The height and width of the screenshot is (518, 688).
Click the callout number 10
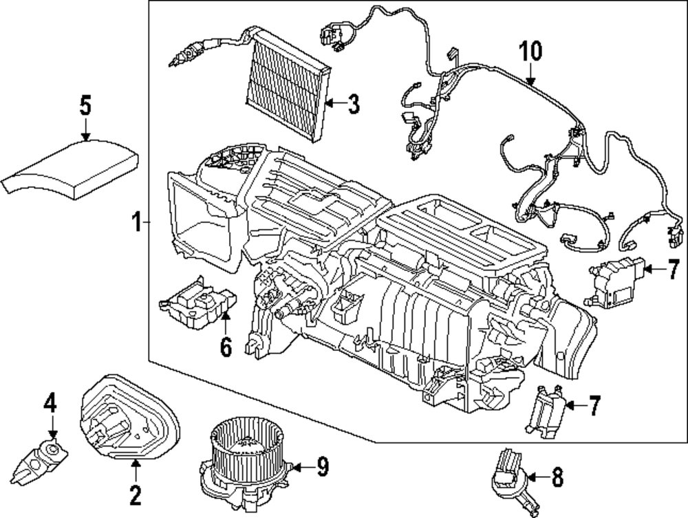[x=530, y=51]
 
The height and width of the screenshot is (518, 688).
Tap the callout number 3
[x=354, y=104]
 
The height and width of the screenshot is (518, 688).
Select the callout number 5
[x=85, y=106]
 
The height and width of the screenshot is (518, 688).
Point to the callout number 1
[x=138, y=222]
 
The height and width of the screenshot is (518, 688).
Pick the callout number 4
[x=50, y=402]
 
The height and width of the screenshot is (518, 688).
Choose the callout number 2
[x=135, y=495]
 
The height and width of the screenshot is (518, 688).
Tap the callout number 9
[x=323, y=466]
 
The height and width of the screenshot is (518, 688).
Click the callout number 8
[x=557, y=477]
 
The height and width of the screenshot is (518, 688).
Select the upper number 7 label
[x=674, y=269]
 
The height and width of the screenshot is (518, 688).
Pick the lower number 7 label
[x=594, y=405]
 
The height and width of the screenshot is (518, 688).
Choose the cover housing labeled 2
[x=130, y=417]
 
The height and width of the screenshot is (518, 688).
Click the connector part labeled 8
[x=513, y=482]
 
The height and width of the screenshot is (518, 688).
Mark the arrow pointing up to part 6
[x=226, y=323]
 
